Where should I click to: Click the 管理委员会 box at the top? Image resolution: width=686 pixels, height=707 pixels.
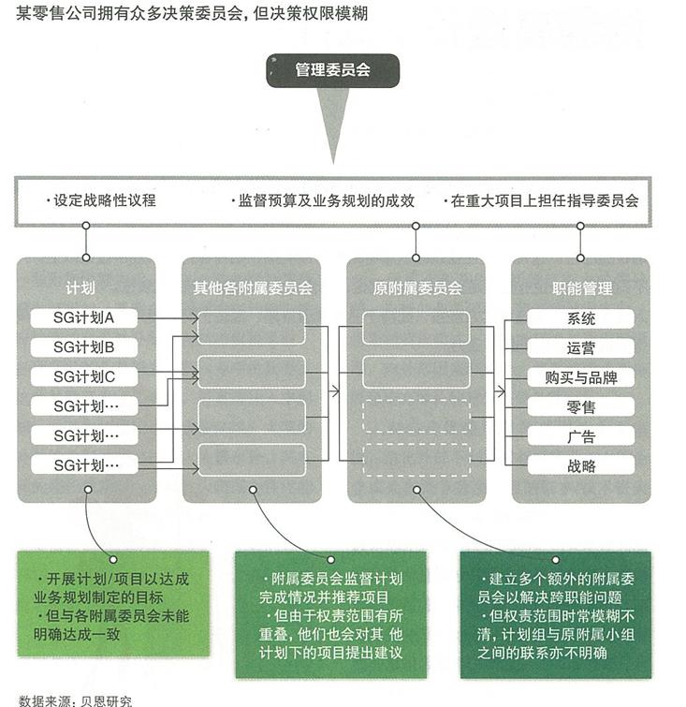coord(332,70)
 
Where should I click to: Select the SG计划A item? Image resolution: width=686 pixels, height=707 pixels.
coord(84,317)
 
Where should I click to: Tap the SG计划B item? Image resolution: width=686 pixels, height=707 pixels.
coord(84,347)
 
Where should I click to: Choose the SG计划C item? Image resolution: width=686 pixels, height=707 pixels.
coord(84,376)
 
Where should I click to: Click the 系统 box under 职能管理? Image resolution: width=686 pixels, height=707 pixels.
coord(580,318)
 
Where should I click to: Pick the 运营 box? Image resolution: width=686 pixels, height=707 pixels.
coord(580,348)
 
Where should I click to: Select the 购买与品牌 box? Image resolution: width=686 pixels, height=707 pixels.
coord(580,377)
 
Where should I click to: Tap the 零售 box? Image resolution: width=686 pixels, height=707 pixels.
coord(580,406)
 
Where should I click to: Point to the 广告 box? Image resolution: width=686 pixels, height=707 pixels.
coord(580,436)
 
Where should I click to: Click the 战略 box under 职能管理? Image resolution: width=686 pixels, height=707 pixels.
coord(580,465)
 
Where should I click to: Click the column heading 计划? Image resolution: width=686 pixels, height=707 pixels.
coord(80,287)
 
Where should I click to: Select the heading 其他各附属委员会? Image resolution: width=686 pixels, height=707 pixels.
coord(253,287)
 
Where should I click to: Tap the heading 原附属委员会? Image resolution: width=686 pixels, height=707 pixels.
coord(417,287)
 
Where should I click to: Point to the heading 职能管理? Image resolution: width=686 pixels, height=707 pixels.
coord(582,287)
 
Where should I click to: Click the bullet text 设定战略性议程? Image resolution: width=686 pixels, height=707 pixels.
coord(101,200)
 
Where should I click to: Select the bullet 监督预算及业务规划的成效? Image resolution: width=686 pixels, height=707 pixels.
coord(323,200)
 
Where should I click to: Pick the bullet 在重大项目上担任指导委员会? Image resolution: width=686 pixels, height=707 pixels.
coord(541,200)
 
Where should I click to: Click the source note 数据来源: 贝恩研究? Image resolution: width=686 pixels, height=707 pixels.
coord(75,700)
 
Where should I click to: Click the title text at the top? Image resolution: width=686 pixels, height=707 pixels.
coord(192,13)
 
